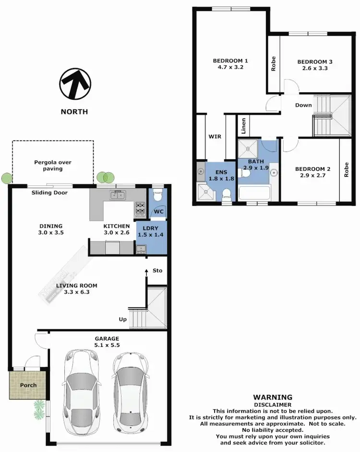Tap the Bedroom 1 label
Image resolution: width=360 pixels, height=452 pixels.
pyautogui.click(x=230, y=61)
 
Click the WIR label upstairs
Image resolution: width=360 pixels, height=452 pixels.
pyautogui.click(x=215, y=136)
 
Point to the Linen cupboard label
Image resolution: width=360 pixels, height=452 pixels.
pyautogui.click(x=244, y=126)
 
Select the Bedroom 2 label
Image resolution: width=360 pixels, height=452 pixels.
pyautogui.click(x=312, y=169)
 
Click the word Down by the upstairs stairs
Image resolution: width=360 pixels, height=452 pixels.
pyautogui.click(x=303, y=105)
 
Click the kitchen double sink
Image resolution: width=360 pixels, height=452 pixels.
pyautogui.click(x=118, y=195)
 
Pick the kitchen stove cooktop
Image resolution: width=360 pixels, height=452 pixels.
pyautogui.click(x=140, y=207)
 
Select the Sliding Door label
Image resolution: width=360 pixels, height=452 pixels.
pyautogui.click(x=49, y=193)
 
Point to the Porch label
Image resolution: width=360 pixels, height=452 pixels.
pyautogui.click(x=28, y=385)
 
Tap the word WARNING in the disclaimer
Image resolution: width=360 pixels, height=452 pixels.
pyautogui.click(x=273, y=397)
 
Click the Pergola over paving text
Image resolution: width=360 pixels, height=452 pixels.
pyautogui.click(x=52, y=166)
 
